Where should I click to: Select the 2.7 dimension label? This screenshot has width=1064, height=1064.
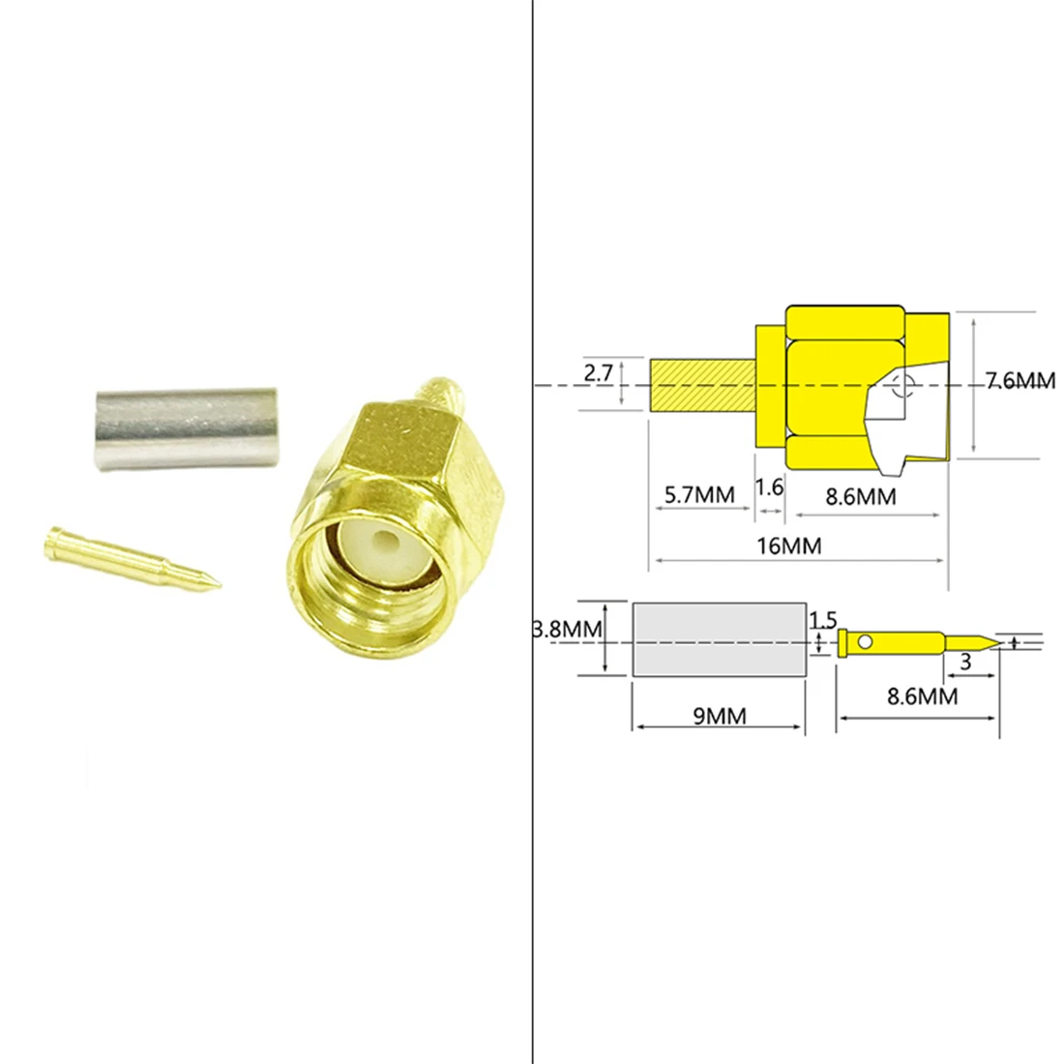point(597,372)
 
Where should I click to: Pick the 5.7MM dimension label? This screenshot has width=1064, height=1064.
point(699,495)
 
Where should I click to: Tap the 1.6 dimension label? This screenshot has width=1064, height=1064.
point(769,487)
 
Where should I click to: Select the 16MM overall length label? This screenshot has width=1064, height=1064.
point(788,546)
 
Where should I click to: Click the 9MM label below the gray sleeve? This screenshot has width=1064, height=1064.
point(719,716)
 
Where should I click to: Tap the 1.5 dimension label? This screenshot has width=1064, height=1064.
point(822,619)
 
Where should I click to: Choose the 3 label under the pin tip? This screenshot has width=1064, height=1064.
point(964,663)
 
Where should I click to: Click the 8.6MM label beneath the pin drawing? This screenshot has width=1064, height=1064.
point(922,695)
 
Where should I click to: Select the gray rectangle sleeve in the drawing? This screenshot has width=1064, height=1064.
point(719,639)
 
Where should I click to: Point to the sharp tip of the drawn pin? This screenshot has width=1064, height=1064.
point(995,641)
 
